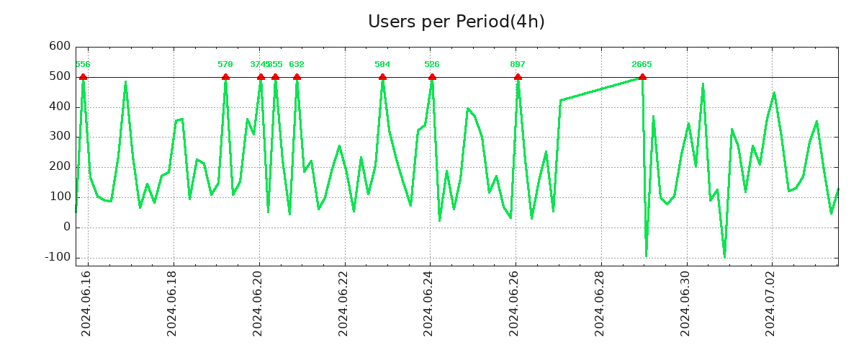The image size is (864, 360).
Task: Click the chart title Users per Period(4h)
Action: pyautogui.click(x=456, y=22)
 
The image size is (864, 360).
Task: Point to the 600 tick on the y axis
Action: pyautogui.click(x=59, y=47)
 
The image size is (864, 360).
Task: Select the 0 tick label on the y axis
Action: pyautogui.click(x=67, y=227)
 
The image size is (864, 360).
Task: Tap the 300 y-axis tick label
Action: pyautogui.click(x=59, y=137)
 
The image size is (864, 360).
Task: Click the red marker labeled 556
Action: pyautogui.click(x=83, y=77)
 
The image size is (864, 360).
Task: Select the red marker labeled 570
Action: pyautogui.click(x=225, y=77)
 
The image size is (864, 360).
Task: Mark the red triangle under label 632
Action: pyautogui.click(x=297, y=77)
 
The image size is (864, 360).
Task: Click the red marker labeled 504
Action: pyautogui.click(x=382, y=77)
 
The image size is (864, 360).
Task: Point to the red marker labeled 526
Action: pyautogui.click(x=432, y=77)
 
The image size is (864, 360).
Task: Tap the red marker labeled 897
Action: pyautogui.click(x=518, y=77)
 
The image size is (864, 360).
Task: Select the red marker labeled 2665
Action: pyautogui.click(x=642, y=77)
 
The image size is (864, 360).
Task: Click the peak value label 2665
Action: pyautogui.click(x=642, y=65)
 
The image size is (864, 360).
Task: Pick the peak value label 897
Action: pyautogui.click(x=518, y=65)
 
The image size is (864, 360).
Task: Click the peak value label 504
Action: pyautogui.click(x=382, y=65)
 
